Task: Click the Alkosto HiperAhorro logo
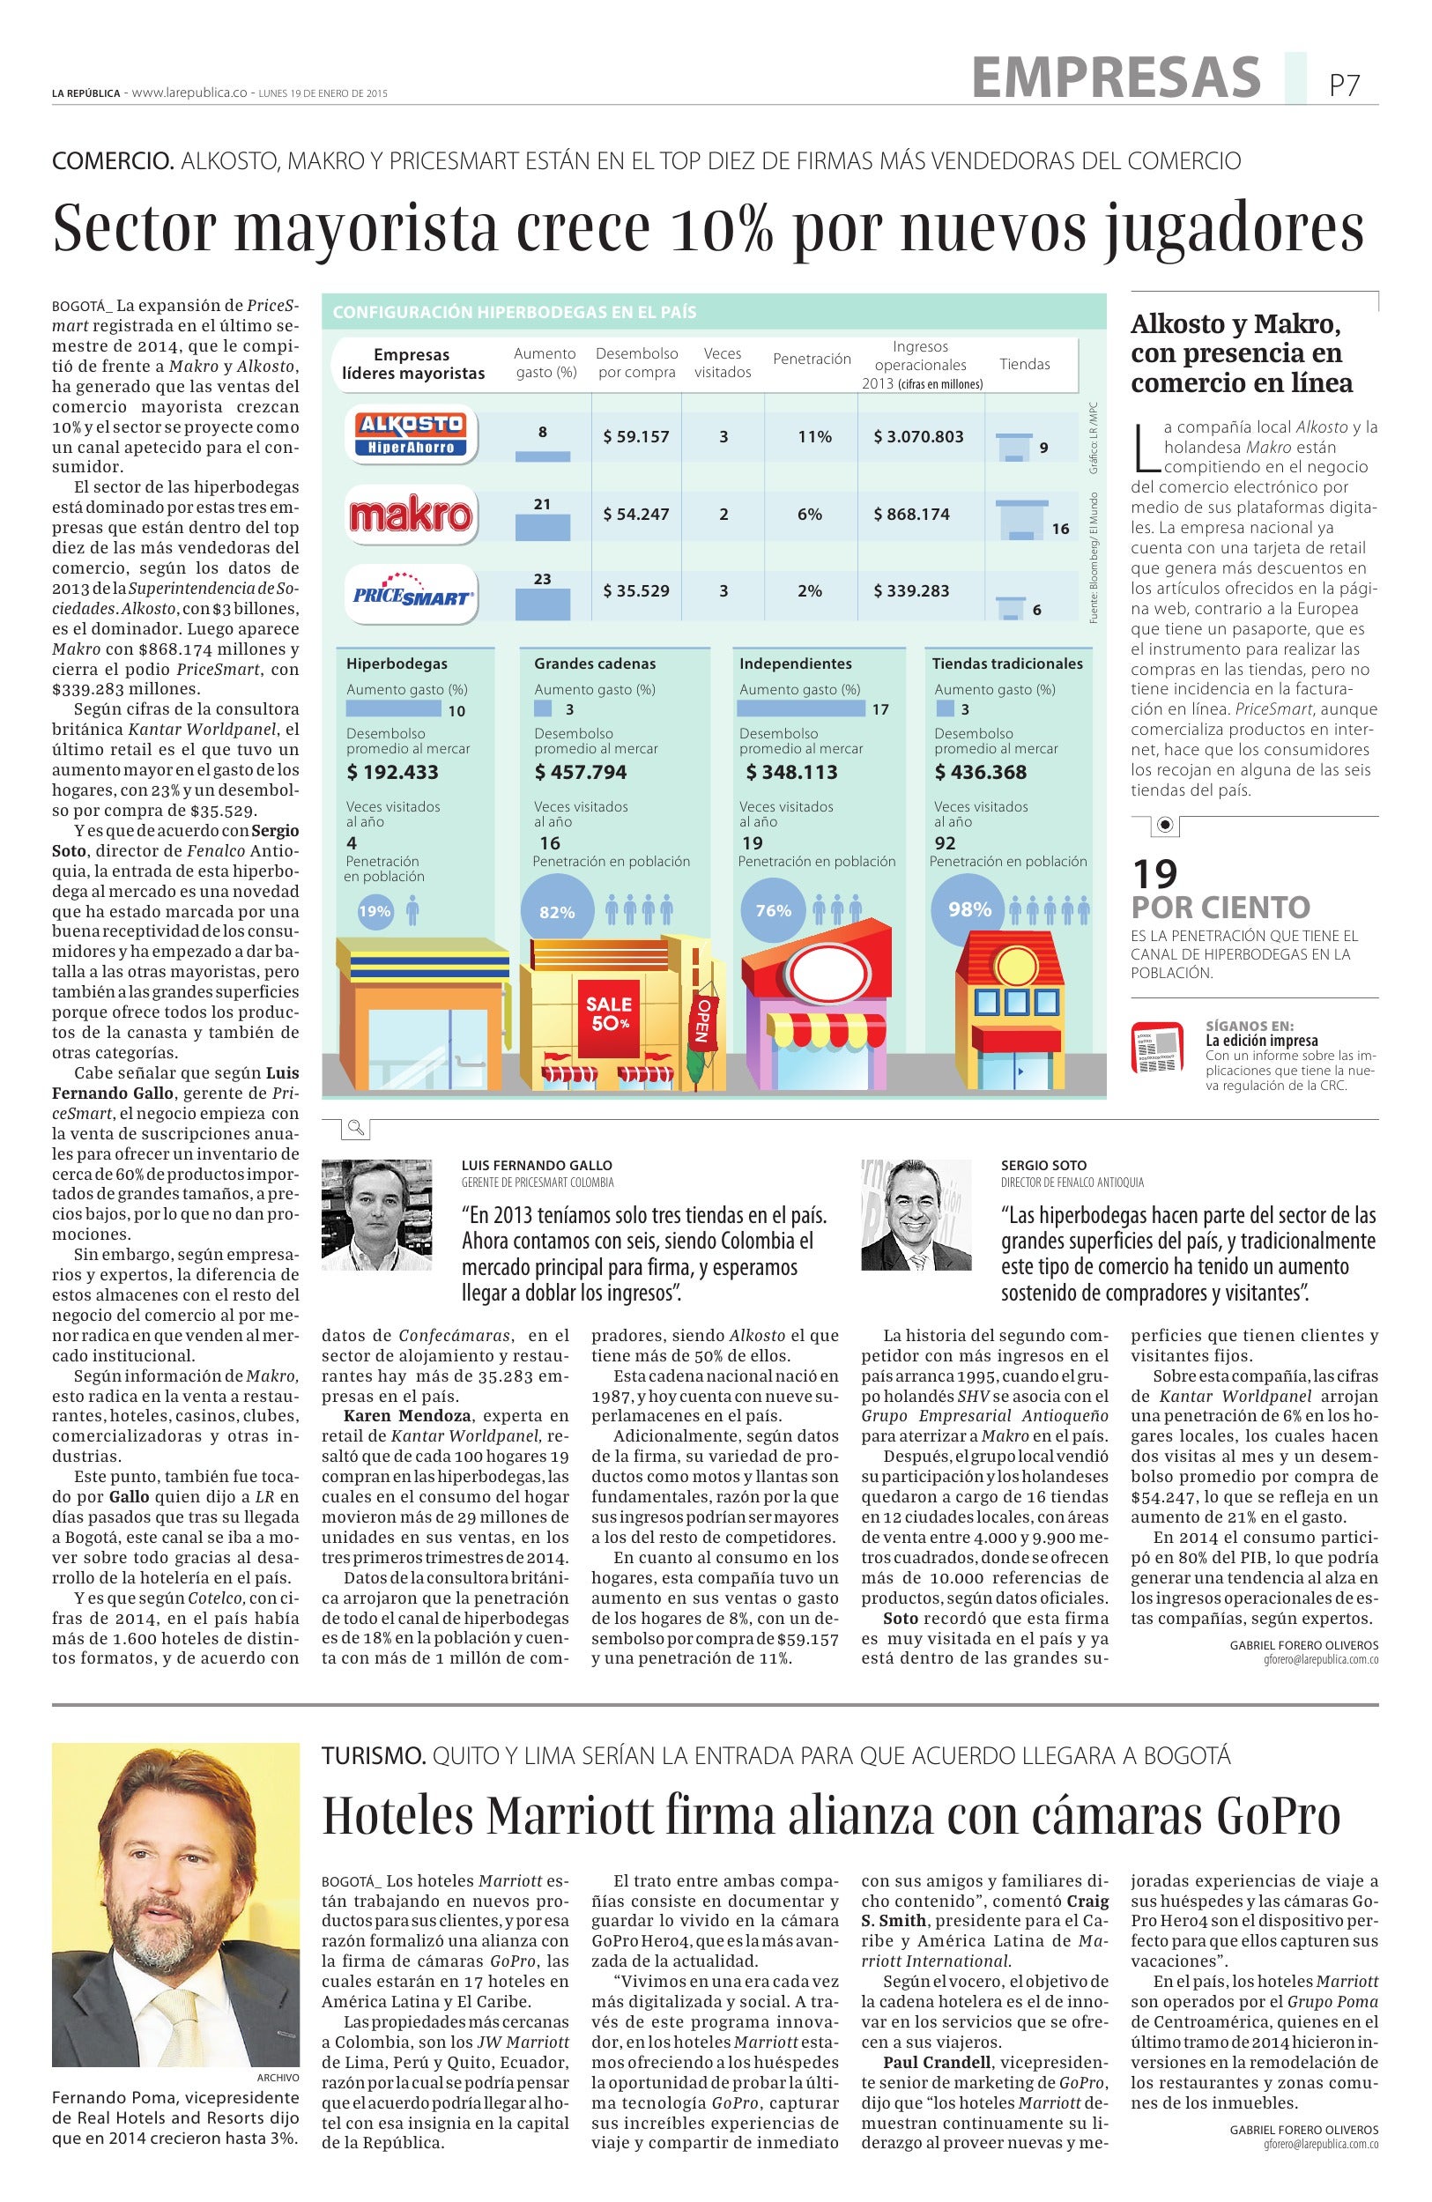tap(411, 436)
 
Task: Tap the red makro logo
tap(411, 515)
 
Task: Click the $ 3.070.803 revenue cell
tap(917, 437)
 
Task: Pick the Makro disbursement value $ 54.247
tap(635, 515)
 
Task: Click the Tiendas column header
tap(1024, 365)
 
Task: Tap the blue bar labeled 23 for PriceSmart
tap(542, 604)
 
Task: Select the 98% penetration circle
tap(968, 909)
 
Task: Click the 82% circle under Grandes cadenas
tap(557, 911)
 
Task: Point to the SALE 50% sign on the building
tap(609, 1013)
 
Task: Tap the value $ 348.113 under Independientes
tap(792, 773)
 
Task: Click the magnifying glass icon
tap(355, 1128)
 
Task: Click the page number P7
tap(1344, 86)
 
